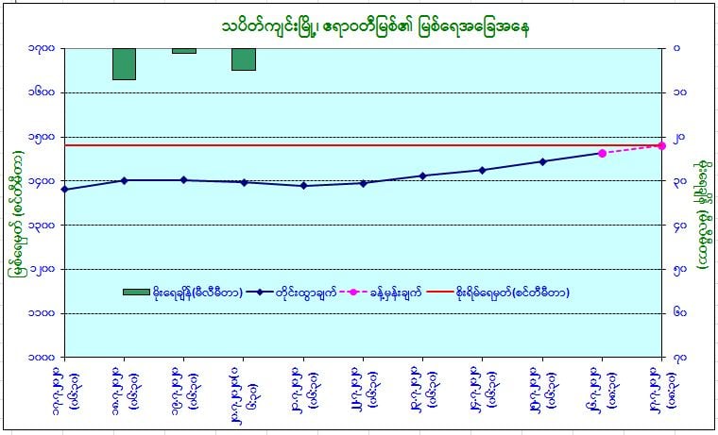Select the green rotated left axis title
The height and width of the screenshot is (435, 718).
(16, 202)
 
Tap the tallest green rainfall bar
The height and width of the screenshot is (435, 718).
(124, 63)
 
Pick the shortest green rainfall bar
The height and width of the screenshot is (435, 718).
(184, 50)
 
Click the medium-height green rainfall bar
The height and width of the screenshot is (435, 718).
(244, 59)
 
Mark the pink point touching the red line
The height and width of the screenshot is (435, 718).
(661, 145)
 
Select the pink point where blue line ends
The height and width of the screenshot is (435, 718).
(602, 153)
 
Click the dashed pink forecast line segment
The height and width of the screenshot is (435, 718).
(631, 149)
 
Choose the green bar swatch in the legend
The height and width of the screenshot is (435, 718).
(136, 293)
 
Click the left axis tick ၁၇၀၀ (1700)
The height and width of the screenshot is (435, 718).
(41, 48)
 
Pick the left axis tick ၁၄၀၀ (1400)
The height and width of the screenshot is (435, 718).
(41, 180)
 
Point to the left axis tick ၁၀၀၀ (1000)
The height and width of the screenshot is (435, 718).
(41, 357)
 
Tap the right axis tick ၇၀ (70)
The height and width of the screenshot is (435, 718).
(680, 357)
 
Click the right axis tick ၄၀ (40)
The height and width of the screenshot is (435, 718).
(680, 225)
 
